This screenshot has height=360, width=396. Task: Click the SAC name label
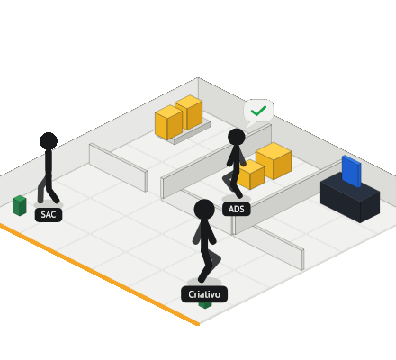[x=49, y=215]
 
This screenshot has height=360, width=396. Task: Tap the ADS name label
[x=237, y=209]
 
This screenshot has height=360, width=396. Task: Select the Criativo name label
[x=204, y=294]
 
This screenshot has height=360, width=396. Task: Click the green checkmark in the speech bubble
[x=258, y=111]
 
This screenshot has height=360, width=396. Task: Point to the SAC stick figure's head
[x=49, y=141]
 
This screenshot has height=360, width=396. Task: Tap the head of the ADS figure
[x=237, y=138]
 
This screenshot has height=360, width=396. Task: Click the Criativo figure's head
[x=204, y=210]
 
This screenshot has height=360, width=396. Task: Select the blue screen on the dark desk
[x=351, y=171]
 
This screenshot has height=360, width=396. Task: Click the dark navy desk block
[x=350, y=198]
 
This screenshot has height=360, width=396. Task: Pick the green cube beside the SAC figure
[x=20, y=205]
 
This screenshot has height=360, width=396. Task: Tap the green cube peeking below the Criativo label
[x=205, y=305]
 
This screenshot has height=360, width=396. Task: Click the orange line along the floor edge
[x=100, y=274]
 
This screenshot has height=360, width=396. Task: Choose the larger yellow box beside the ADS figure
[x=274, y=161]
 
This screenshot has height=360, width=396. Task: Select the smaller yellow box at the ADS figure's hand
[x=251, y=175]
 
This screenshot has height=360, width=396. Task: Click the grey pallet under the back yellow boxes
[x=191, y=132]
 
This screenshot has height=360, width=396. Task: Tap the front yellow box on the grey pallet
[x=168, y=122]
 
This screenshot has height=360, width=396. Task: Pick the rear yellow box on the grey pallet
[x=189, y=112]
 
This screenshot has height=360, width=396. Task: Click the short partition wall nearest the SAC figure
[x=118, y=166]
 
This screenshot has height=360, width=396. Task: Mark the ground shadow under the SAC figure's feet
[x=49, y=204]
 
